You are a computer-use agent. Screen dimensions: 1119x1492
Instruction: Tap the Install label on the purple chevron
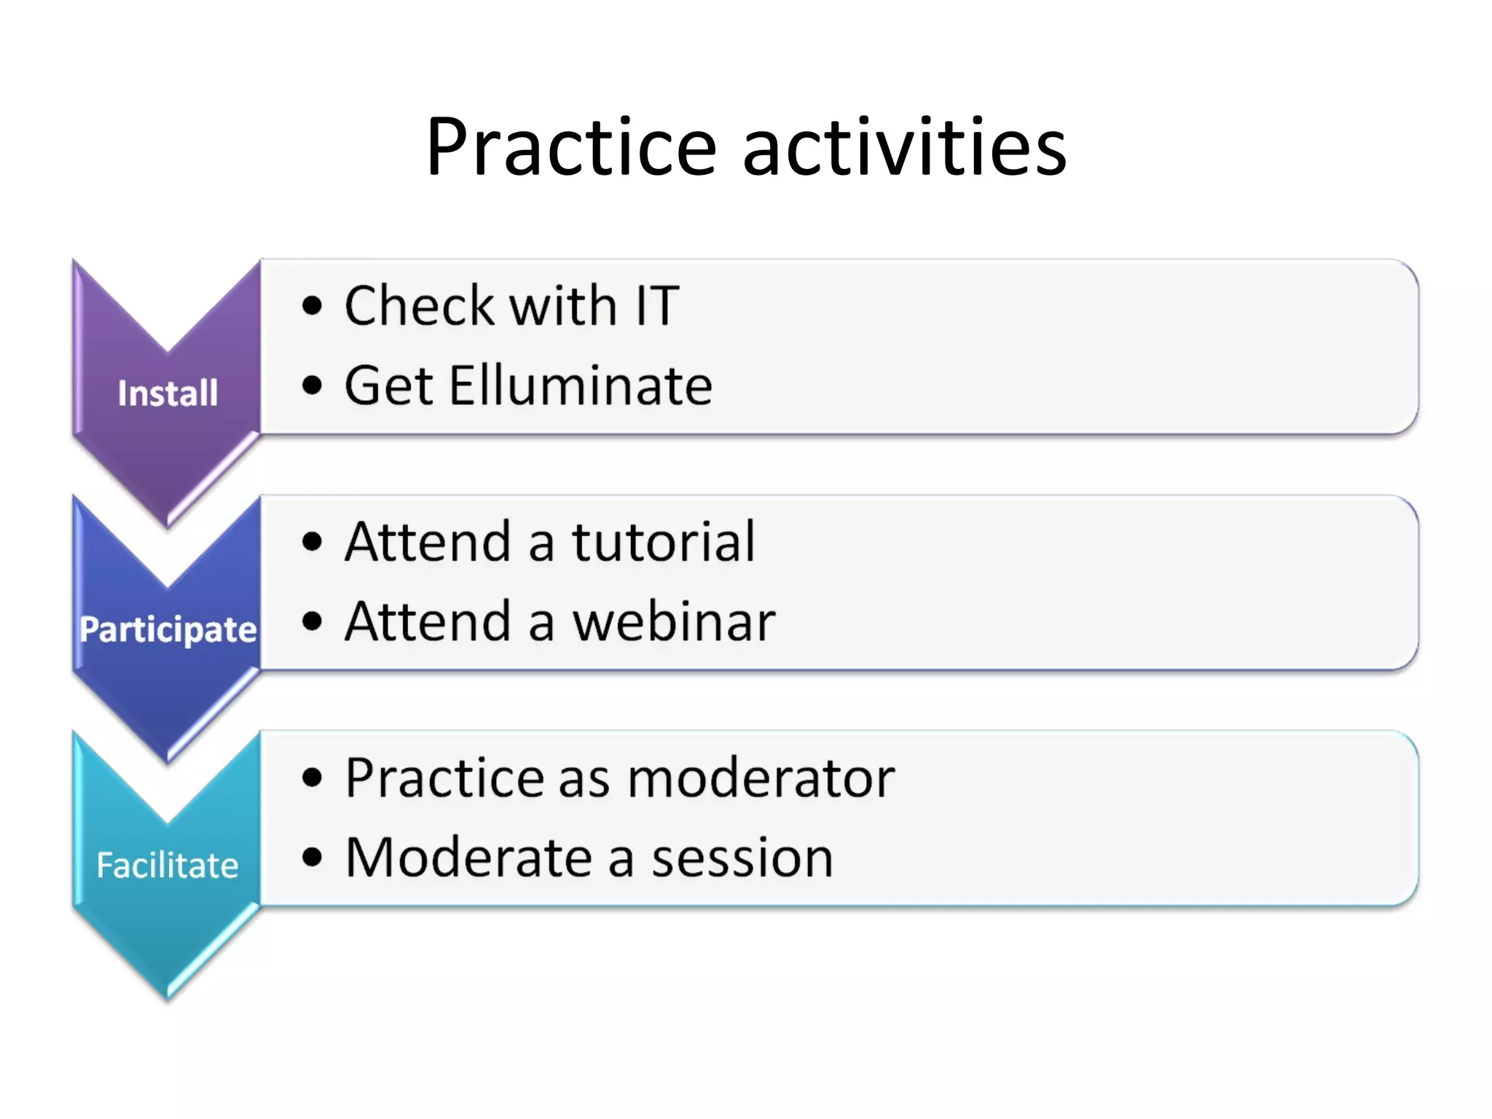[168, 393]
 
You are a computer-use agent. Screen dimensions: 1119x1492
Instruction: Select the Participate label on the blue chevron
[168, 629]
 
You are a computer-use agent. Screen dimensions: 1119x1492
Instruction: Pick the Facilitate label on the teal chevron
[168, 865]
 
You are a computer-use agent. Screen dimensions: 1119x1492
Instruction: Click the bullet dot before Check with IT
[312, 306]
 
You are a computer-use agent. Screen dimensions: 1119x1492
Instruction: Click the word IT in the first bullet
[657, 306]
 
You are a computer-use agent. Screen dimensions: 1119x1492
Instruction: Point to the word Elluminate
[580, 385]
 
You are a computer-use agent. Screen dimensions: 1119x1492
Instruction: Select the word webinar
[674, 622]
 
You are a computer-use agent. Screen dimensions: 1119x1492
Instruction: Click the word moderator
[761, 778]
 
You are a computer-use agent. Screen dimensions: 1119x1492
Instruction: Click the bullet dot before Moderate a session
[312, 858]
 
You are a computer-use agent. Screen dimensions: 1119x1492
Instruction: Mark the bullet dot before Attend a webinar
[312, 622]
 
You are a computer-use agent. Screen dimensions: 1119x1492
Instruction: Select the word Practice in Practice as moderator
[444, 778]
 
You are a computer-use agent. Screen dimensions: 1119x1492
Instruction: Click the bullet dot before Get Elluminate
[312, 385]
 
